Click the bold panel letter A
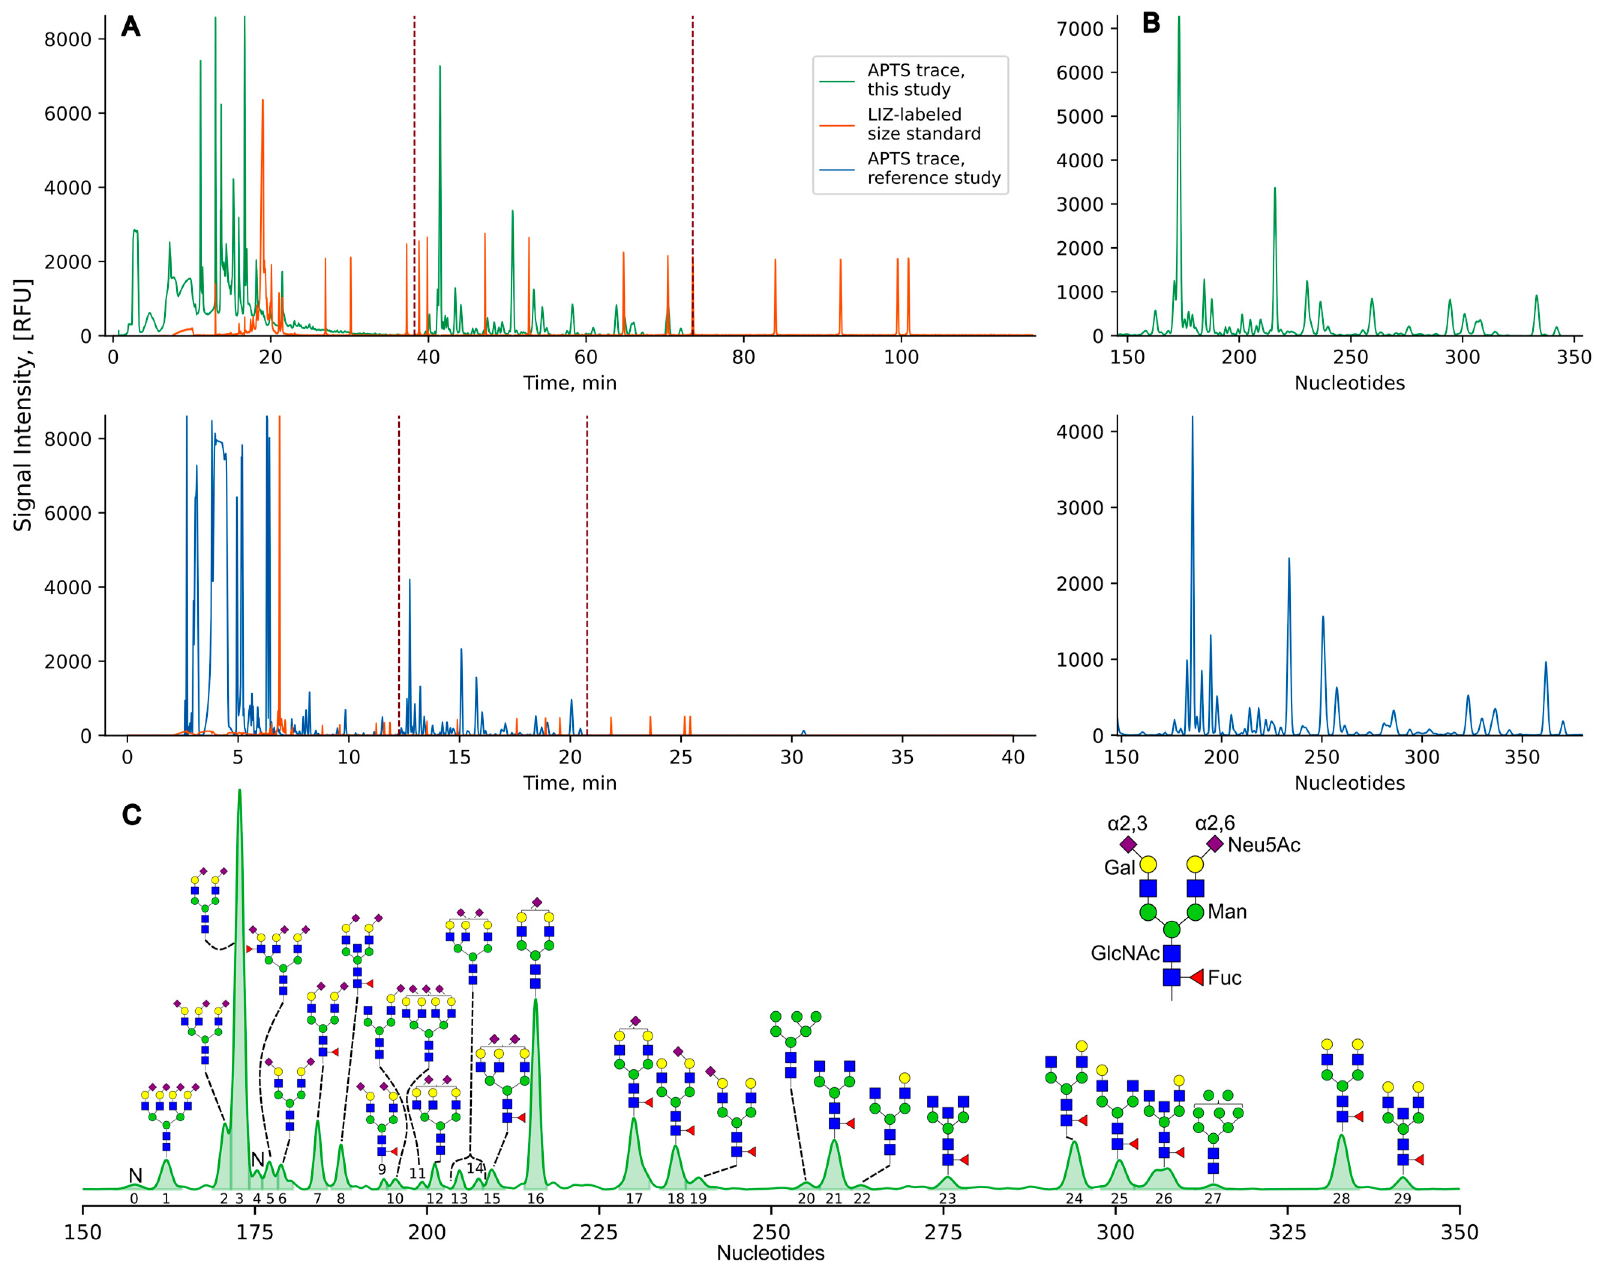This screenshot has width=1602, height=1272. coord(131,27)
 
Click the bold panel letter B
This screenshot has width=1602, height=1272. coord(1151,24)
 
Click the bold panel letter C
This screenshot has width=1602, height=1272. coord(132,815)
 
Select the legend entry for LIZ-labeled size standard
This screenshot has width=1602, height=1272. coord(924,124)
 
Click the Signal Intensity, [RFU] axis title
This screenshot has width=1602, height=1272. coord(23,405)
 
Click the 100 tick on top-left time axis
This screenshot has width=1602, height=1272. coord(901,358)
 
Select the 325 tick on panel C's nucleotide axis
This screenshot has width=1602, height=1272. coord(1287,1233)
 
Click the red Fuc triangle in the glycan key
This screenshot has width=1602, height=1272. coord(1195,977)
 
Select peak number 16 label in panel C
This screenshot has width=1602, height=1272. coord(536,1198)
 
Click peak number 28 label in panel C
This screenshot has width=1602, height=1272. coord(1341,1198)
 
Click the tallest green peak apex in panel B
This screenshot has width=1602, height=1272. coord(1179,18)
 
